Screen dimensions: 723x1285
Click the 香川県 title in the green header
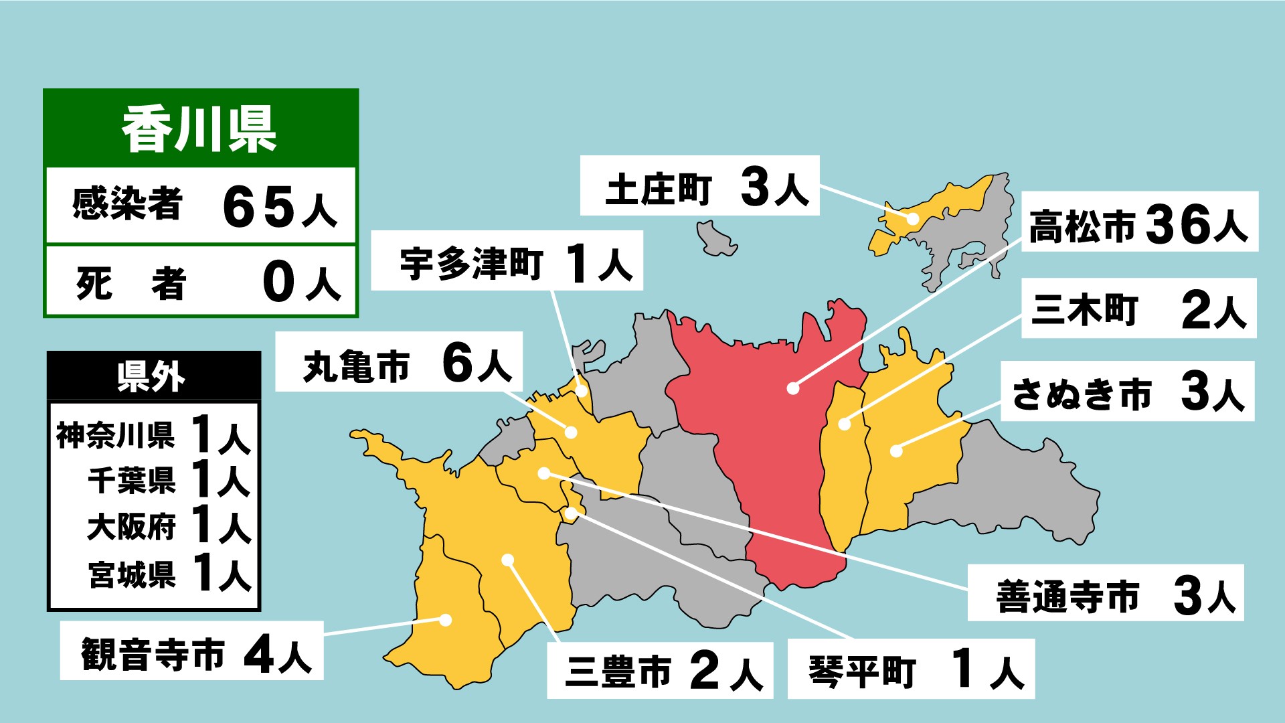click(x=199, y=129)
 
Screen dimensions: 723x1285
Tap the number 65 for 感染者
click(x=259, y=206)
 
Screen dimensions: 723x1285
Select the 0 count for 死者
click(x=279, y=283)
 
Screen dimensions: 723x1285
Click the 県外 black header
click(x=153, y=376)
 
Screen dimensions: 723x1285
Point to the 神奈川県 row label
click(x=115, y=436)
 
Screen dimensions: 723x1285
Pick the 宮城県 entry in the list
click(x=132, y=574)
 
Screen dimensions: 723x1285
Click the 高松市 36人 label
click(x=1138, y=222)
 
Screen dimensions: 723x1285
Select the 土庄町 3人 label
click(x=699, y=186)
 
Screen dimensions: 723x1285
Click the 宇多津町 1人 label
click(x=507, y=261)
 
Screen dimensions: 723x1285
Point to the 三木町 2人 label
click(x=1138, y=309)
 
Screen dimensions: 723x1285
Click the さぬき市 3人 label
click(x=1127, y=392)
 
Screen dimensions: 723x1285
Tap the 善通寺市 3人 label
click(x=1105, y=593)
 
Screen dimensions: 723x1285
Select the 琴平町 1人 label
click(x=911, y=668)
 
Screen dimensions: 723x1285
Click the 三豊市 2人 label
click(x=659, y=670)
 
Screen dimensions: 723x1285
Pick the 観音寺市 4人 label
click(x=191, y=651)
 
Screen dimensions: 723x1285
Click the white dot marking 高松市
click(x=793, y=388)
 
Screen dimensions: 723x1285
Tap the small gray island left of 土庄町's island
click(x=715, y=238)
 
